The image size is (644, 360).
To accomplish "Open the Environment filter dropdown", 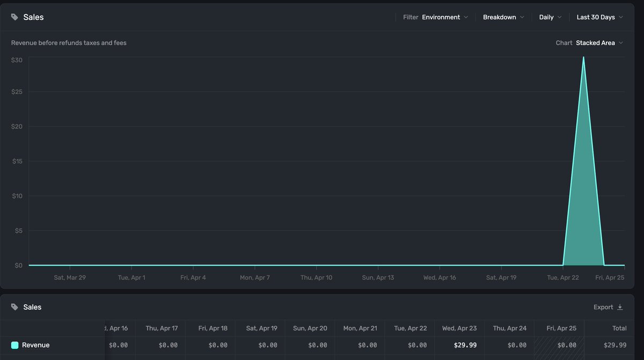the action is (x=445, y=17).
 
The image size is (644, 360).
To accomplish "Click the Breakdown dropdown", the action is (x=503, y=17).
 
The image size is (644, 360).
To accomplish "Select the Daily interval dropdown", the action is (x=550, y=17).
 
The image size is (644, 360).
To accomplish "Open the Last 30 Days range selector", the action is (x=600, y=17).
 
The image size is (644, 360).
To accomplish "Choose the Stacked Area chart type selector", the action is (x=599, y=43).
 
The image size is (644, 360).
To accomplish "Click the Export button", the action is (x=608, y=307).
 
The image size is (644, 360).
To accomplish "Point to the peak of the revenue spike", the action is (x=583, y=57).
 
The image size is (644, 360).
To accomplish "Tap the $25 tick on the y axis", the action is (x=17, y=92).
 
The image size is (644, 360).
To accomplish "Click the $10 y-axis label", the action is (x=17, y=196).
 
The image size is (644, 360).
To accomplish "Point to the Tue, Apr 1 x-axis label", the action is (x=131, y=277).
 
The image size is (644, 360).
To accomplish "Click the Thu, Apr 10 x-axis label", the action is (x=316, y=277).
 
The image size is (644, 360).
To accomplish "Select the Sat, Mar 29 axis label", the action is (x=70, y=277).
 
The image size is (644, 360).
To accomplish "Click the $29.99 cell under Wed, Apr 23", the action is (x=465, y=345).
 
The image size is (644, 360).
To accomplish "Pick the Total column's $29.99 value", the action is (x=615, y=345).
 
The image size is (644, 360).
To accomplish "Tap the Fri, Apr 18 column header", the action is (x=213, y=328).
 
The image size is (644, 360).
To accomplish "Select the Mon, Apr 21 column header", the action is (x=360, y=328).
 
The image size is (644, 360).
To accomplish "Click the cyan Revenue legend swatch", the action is (x=14, y=345).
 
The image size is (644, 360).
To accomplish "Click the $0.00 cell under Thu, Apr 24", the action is (x=517, y=345).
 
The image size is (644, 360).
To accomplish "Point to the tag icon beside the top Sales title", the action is (x=14, y=17).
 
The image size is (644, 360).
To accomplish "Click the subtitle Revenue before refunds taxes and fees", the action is (x=69, y=43).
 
